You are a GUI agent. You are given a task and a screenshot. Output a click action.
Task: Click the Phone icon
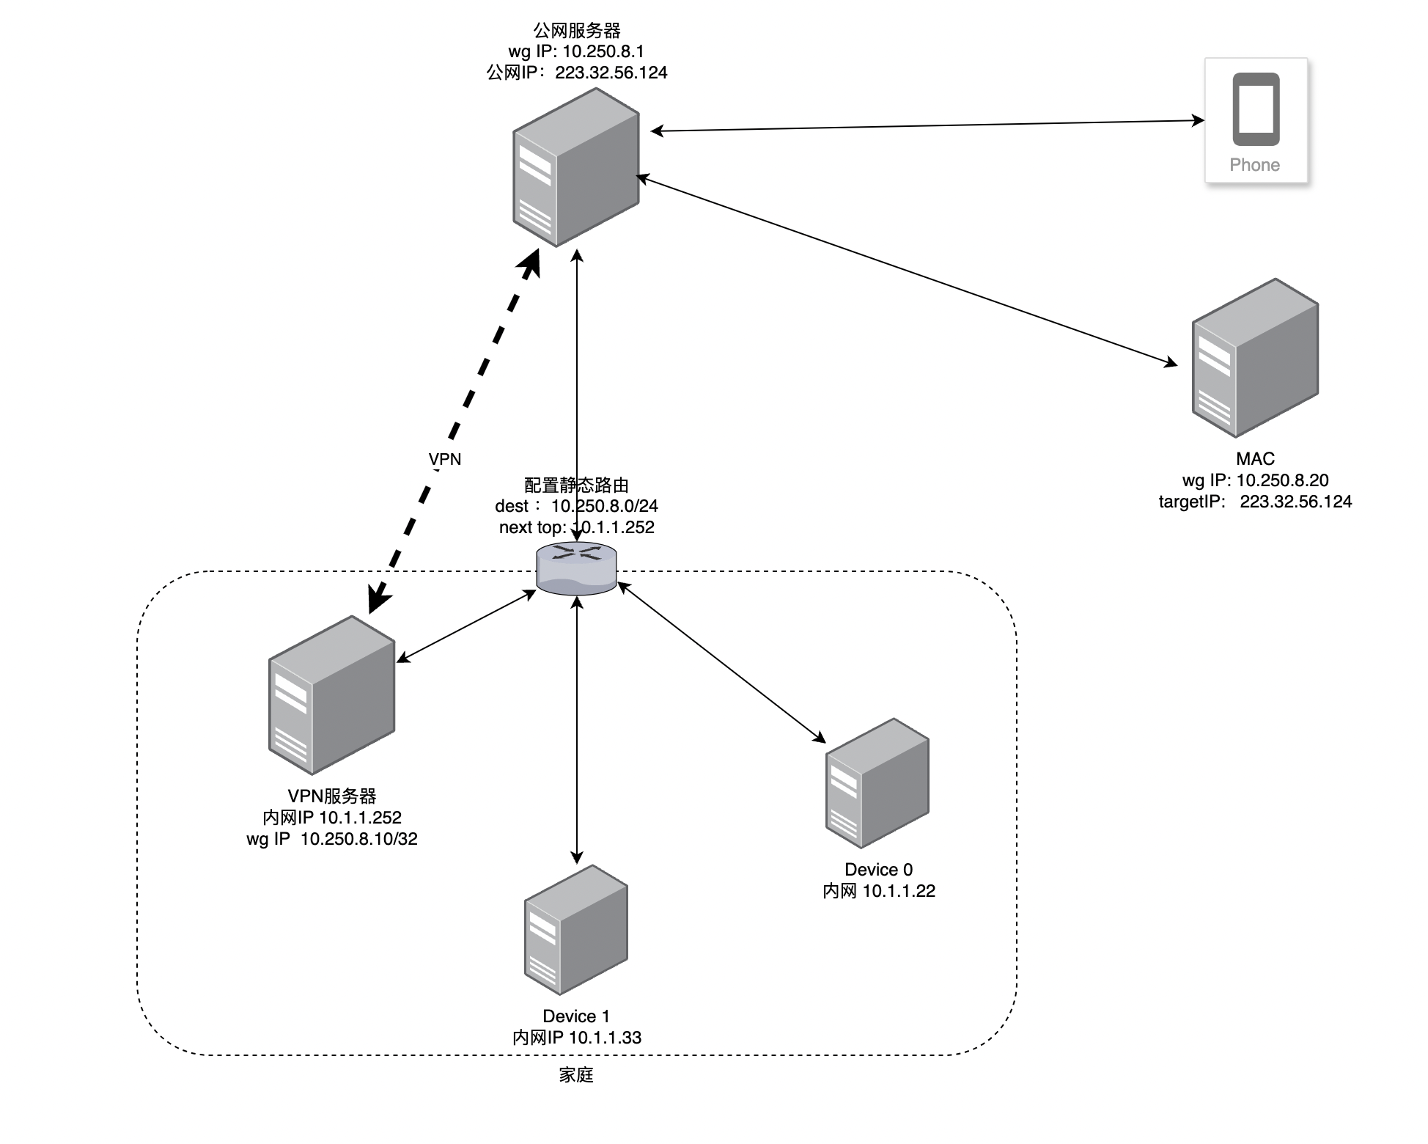[1256, 110]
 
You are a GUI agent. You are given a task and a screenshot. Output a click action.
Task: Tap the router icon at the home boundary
[577, 568]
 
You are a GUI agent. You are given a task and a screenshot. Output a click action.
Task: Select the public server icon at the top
[576, 167]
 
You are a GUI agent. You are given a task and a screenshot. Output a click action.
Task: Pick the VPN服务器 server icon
[332, 694]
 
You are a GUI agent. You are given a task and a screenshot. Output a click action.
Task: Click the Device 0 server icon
[877, 782]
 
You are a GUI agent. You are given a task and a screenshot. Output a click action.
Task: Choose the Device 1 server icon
[576, 929]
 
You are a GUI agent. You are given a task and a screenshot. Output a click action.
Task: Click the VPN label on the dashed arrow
[445, 460]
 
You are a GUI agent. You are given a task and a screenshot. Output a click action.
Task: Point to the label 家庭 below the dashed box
[576, 1075]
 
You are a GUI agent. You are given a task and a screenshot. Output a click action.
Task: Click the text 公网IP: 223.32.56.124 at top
[577, 73]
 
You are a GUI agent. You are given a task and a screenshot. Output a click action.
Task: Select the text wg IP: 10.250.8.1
[576, 51]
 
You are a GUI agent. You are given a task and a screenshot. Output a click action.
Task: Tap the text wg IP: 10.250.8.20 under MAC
[1255, 480]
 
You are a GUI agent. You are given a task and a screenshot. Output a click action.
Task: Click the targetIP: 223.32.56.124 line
[1255, 502]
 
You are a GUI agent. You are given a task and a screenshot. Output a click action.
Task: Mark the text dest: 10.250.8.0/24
[577, 506]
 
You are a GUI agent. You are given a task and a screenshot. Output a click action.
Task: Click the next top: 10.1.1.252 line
[577, 527]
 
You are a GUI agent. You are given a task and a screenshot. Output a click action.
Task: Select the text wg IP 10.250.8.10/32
[332, 839]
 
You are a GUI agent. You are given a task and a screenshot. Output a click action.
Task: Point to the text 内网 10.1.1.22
[879, 891]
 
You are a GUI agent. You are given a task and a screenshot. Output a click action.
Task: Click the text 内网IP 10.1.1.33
[577, 1038]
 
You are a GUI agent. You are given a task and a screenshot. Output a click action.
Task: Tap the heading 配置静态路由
[577, 485]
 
